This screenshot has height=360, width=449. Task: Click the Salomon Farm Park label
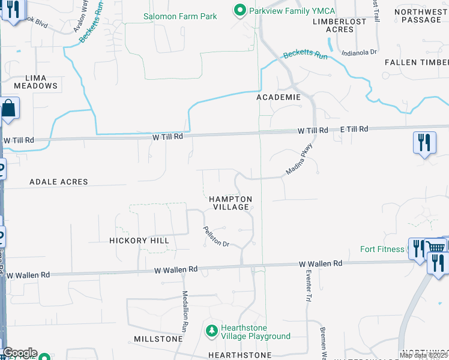(x=181, y=16)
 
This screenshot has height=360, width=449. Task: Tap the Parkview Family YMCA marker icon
(x=240, y=10)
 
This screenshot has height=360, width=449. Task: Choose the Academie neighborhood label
(x=278, y=97)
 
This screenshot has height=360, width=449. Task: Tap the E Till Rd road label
(x=354, y=129)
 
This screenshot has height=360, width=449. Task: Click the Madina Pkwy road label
(x=300, y=158)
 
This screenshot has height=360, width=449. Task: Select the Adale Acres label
(x=58, y=181)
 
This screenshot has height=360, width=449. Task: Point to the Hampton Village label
(x=231, y=203)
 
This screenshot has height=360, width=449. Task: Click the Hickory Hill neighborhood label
(x=139, y=241)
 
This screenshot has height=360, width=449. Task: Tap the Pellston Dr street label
(x=216, y=236)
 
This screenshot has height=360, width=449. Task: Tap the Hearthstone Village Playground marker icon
(x=211, y=331)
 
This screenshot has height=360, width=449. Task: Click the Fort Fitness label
(x=382, y=249)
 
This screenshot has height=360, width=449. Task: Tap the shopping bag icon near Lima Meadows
(x=8, y=109)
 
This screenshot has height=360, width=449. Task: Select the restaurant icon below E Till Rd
(x=424, y=143)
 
